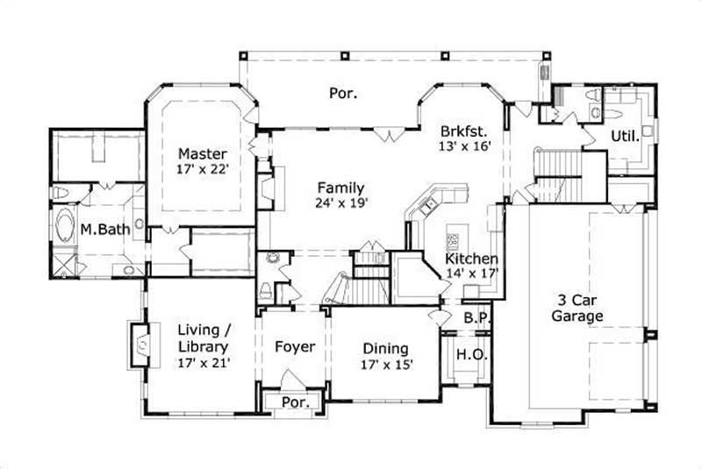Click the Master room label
tap(203, 153)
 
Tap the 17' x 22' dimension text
tap(203, 169)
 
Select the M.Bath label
tap(101, 230)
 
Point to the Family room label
tap(340, 188)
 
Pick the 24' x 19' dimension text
tap(340, 203)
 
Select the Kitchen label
tap(471, 259)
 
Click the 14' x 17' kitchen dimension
tap(471, 274)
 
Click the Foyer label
tap(295, 347)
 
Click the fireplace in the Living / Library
tap(140, 344)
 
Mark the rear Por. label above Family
tap(343, 92)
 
